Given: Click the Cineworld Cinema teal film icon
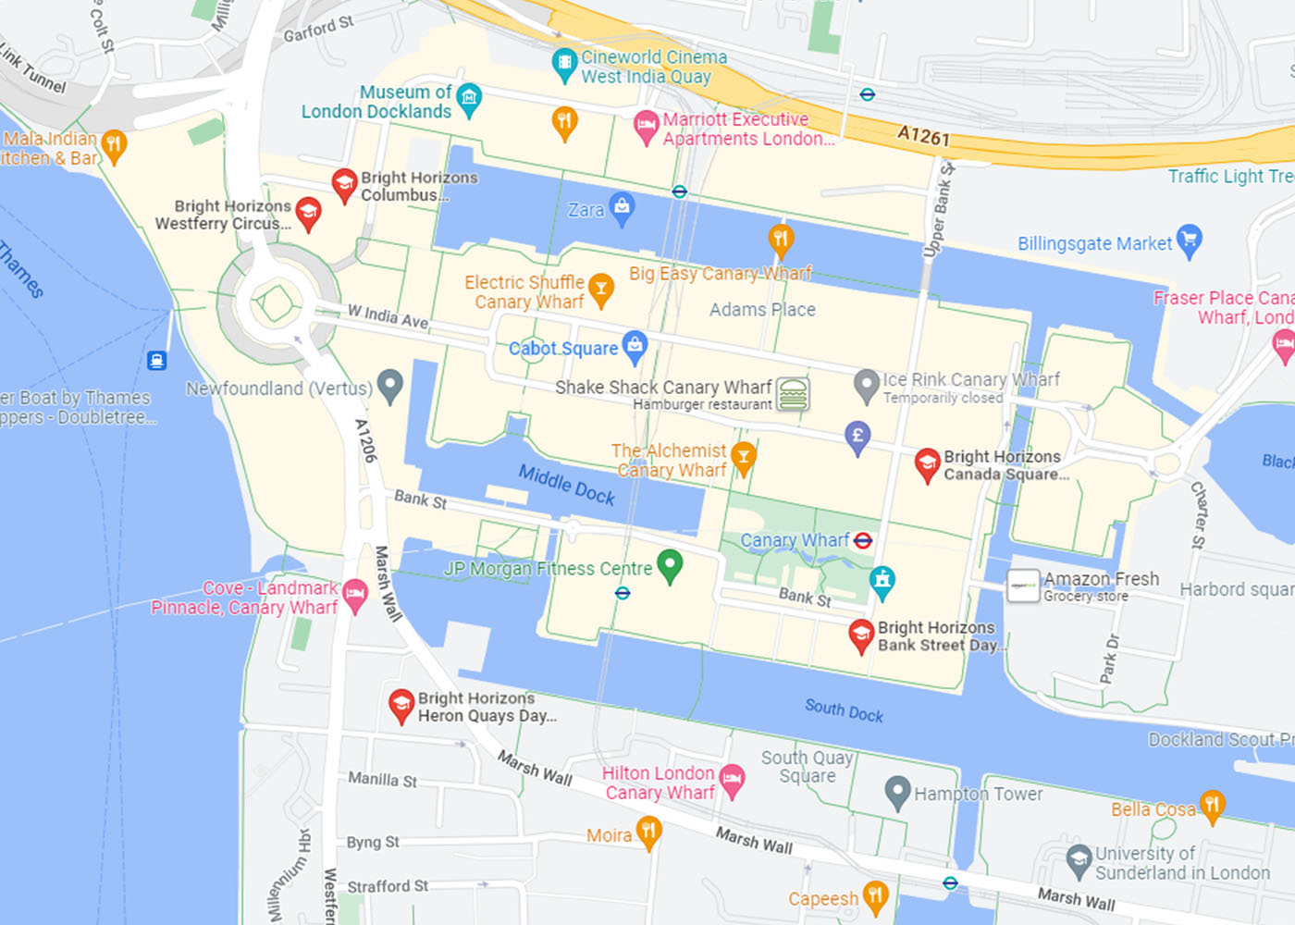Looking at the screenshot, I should click(x=564, y=64).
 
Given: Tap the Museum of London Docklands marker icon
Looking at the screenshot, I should click(x=469, y=98).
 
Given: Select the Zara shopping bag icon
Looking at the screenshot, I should click(x=623, y=207).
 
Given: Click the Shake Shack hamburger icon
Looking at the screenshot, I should click(x=793, y=394).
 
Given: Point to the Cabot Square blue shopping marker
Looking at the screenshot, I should click(x=635, y=346).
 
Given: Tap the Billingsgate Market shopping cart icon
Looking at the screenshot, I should click(x=1190, y=240).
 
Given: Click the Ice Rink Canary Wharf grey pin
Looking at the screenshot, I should click(x=866, y=385).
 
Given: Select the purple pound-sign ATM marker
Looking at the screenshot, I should click(x=857, y=436).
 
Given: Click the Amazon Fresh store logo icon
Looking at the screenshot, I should click(x=1023, y=586).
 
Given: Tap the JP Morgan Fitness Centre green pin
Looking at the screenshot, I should click(x=670, y=564).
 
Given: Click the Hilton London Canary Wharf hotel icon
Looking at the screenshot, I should click(x=732, y=780).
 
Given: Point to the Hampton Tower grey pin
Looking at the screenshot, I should click(x=897, y=791).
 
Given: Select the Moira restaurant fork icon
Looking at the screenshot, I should click(x=648, y=832).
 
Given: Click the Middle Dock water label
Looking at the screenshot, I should click(x=566, y=484).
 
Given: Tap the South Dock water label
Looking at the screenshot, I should click(x=844, y=710).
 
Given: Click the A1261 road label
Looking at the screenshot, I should click(x=923, y=136).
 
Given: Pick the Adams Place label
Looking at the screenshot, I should click(x=762, y=310).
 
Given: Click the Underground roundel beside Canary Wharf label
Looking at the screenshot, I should click(x=863, y=540).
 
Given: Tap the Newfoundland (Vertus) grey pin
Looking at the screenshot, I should click(x=390, y=385).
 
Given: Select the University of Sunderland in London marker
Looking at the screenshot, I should click(x=1079, y=860).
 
